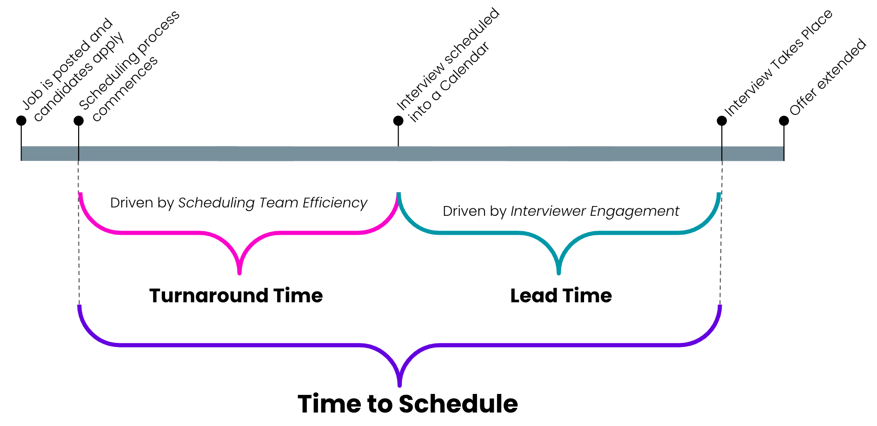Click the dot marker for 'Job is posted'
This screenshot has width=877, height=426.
[21, 121]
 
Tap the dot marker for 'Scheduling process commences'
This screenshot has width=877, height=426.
[79, 121]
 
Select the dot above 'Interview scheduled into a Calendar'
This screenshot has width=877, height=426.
[398, 121]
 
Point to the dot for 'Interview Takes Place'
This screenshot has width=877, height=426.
[722, 121]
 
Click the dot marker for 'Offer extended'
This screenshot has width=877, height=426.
[784, 121]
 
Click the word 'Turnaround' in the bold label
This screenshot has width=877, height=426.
[208, 296]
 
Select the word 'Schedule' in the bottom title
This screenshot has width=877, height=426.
[458, 404]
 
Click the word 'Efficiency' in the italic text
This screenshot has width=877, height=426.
[335, 203]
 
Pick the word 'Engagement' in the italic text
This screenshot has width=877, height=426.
[634, 211]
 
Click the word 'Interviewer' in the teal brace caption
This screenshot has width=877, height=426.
[548, 211]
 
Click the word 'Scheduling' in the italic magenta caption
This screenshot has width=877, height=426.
[216, 203]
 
